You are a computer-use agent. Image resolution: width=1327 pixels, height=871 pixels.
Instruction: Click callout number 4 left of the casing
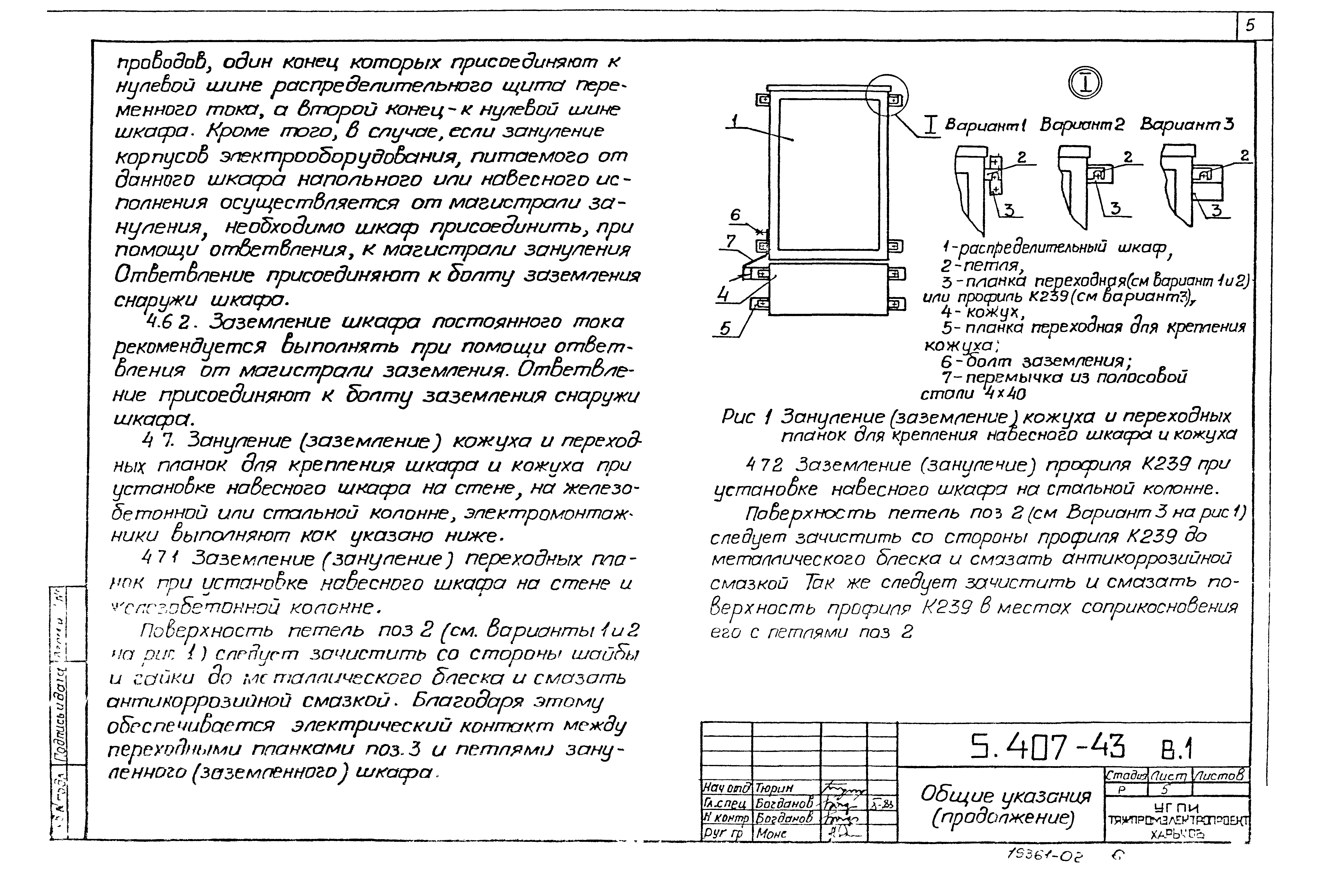[723, 294]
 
